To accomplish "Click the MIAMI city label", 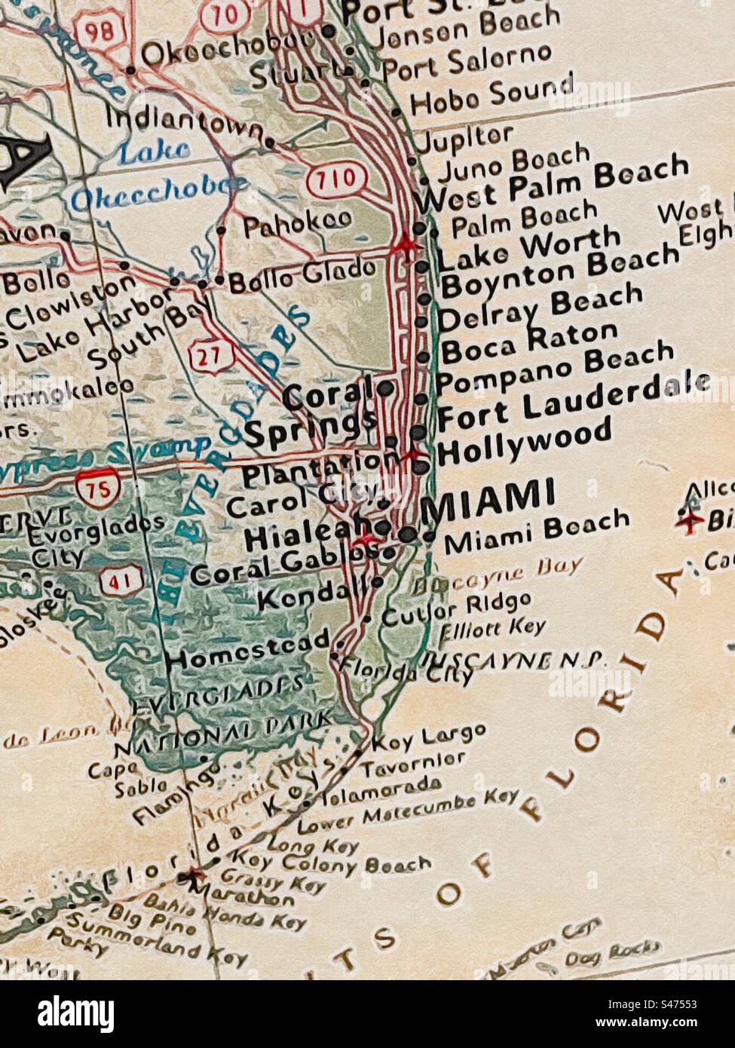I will tap(488, 498).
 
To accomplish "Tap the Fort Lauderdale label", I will tap(573, 400).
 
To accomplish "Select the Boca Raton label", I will tap(528, 343).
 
